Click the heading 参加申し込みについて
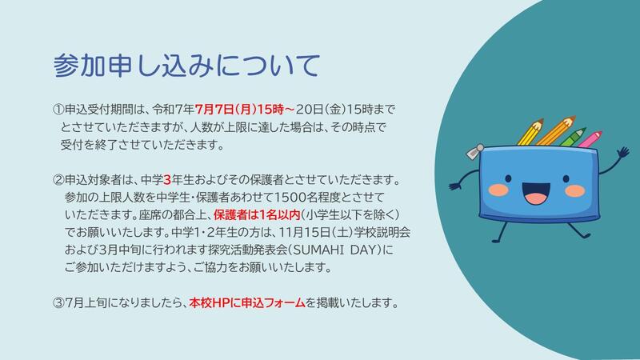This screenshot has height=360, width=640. pos(186,66)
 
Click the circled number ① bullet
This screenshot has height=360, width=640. pos(58,110)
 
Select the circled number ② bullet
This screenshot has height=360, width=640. pos(58,179)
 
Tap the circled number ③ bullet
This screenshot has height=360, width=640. pos(58,303)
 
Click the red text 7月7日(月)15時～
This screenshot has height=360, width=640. pos(245,110)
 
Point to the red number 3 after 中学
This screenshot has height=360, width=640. pos(167,179)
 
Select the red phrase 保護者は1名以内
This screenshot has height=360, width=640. pos(257,214)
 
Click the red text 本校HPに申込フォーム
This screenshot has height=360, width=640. pos(247,303)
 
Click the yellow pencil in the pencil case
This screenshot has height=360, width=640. pos(530,132)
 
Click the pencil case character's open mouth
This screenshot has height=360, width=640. pos(536,193)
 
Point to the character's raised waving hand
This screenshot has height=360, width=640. pos(623,153)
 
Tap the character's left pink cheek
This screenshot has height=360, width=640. pos(498,190)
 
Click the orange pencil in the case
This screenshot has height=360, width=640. pos(555,130)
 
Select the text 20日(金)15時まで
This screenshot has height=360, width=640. pos(346,110)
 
